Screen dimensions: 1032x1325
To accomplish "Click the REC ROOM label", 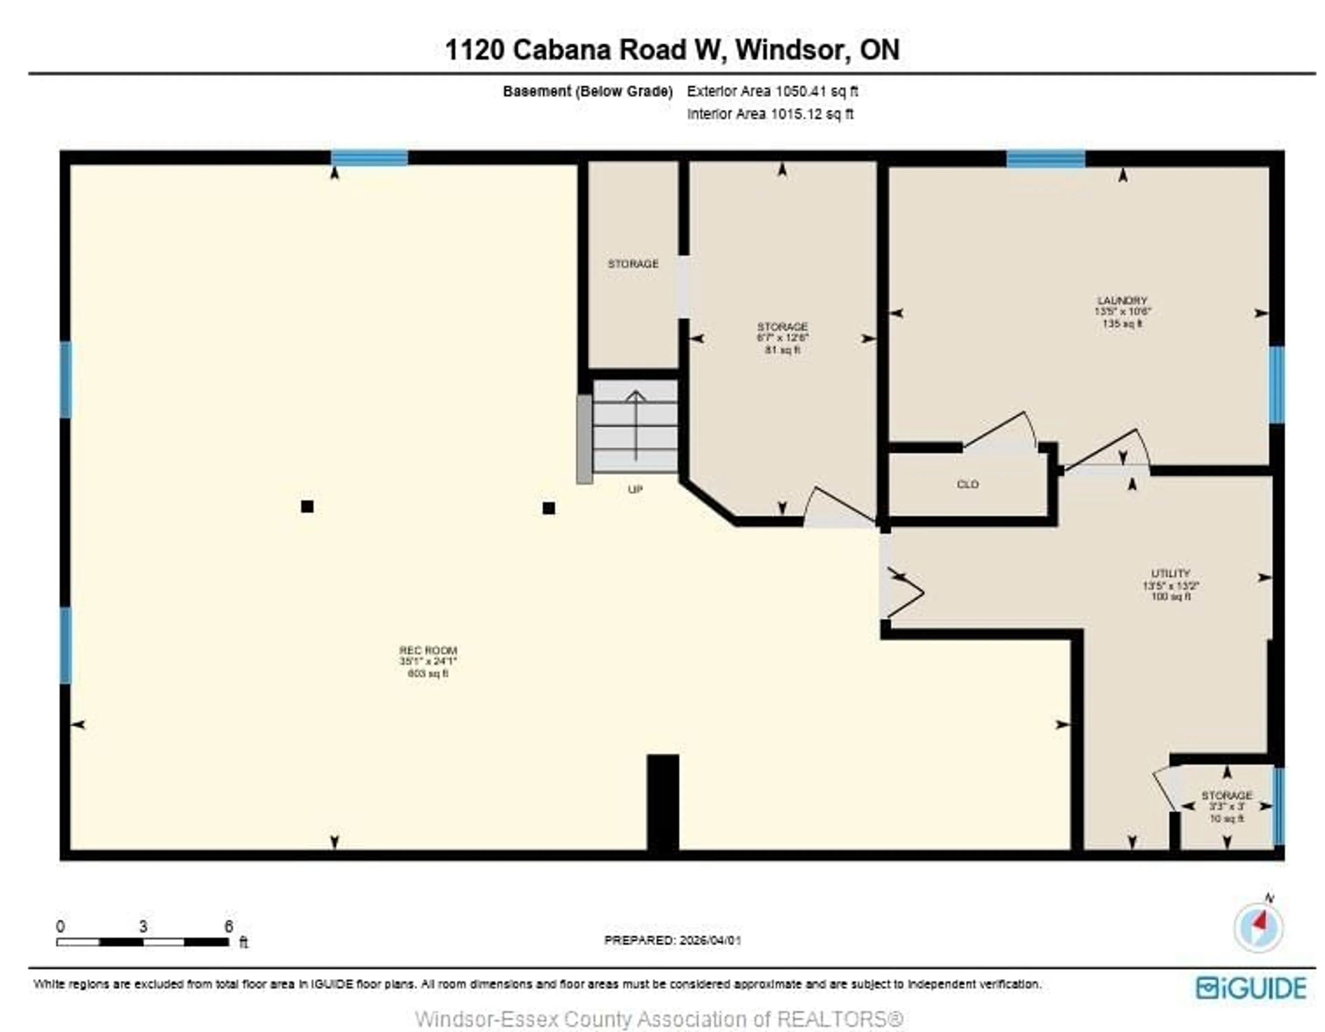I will coord(428,650).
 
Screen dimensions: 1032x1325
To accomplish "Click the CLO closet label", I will coord(967,484).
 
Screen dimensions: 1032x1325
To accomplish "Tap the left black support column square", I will coord(307,506).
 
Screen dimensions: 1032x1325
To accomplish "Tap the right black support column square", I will coord(548,508).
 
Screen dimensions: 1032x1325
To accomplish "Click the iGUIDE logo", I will coord(1251,988).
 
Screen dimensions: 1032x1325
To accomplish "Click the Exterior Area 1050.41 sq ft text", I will coord(772,92).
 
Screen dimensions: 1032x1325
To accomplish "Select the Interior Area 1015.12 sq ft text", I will coord(770,114).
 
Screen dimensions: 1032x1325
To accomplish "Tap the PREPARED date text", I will coord(672,940).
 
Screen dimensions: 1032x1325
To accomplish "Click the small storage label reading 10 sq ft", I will coord(1227,806).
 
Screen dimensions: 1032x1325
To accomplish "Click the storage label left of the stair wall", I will coord(633,264).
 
